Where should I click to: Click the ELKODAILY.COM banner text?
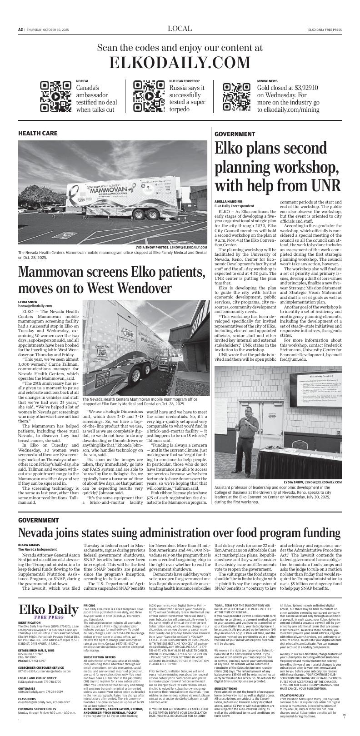[x=180, y=62]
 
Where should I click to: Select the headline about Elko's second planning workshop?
[x=277, y=167]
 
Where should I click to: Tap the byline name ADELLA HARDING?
[x=228, y=201]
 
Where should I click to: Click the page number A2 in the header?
[x=20, y=30]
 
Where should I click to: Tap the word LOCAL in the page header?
[x=180, y=29]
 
